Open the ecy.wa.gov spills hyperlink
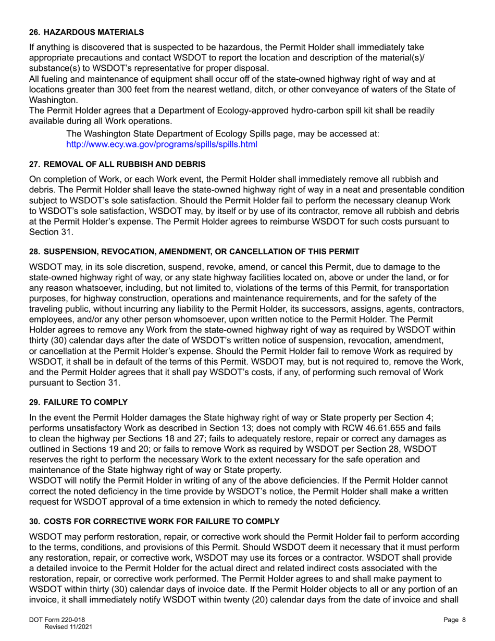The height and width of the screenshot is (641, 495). (x=162, y=144)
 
